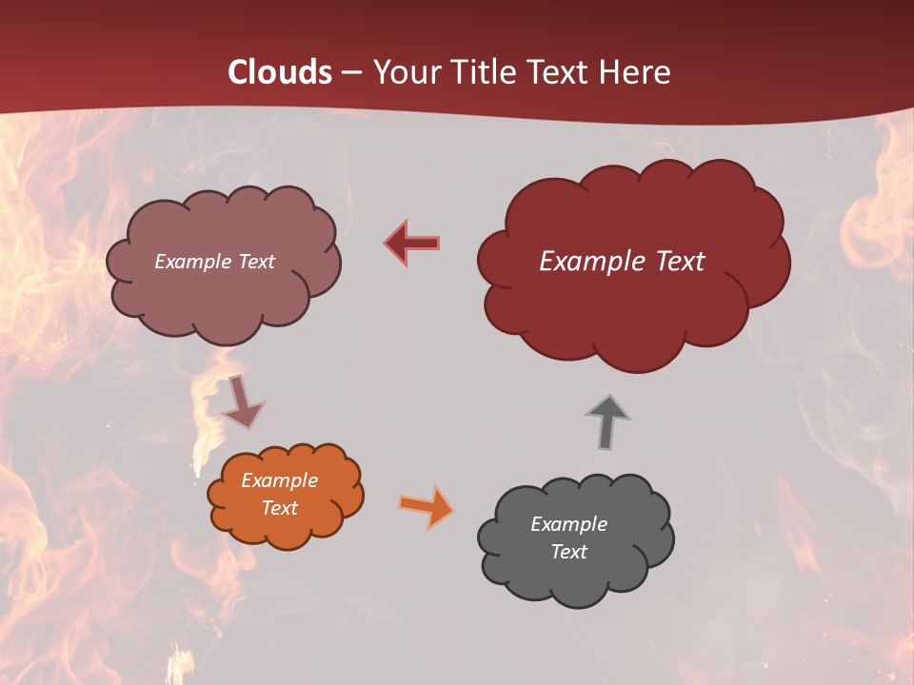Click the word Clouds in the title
tap(280, 72)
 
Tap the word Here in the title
tap(635, 72)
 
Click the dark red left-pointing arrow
tap(411, 243)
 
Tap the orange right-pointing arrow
tap(426, 505)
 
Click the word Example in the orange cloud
tap(280, 480)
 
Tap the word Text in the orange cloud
tap(280, 508)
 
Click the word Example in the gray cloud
tap(568, 524)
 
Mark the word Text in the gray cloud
tap(568, 552)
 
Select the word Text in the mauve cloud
tap(255, 262)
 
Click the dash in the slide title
tap(351, 73)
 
